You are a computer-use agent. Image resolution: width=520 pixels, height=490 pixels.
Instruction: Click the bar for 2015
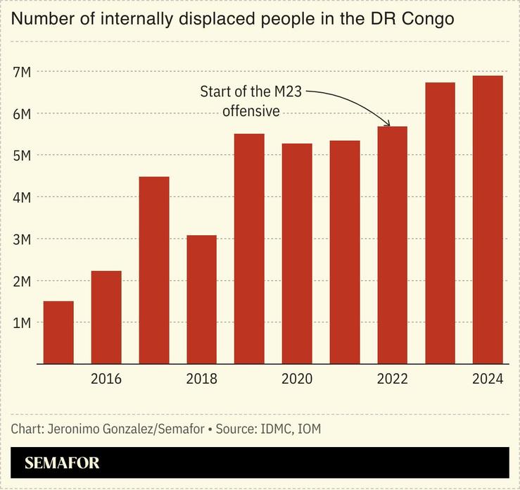click(x=58, y=332)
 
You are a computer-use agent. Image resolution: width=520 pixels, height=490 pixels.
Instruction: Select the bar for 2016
click(x=106, y=317)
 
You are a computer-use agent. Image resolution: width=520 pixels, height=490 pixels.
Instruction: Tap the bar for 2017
click(x=154, y=270)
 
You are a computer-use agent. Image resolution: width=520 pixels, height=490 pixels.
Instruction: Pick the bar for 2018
click(x=201, y=299)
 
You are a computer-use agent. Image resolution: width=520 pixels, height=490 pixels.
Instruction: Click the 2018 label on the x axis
click(x=201, y=379)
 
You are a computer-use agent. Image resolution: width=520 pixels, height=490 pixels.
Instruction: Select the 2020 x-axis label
click(x=297, y=379)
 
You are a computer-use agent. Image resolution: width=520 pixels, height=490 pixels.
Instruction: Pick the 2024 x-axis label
click(x=488, y=379)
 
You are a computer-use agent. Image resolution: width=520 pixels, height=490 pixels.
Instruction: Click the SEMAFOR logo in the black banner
click(x=62, y=463)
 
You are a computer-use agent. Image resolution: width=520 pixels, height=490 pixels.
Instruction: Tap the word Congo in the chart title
click(x=428, y=20)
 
